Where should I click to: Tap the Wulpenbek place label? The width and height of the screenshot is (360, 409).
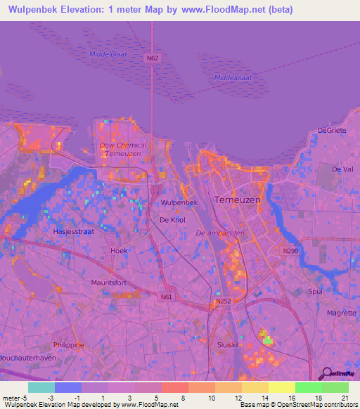click(179, 202)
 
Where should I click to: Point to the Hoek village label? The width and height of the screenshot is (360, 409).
click(118, 250)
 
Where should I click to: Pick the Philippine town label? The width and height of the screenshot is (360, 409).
click(68, 345)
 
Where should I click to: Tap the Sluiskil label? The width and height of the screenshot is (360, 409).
click(229, 346)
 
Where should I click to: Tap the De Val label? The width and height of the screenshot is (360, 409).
click(342, 169)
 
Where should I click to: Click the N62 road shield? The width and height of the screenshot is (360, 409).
click(152, 58)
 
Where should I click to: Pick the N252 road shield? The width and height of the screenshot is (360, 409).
click(223, 301)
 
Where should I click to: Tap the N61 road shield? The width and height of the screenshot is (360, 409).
click(166, 297)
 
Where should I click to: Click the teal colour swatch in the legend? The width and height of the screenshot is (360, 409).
click(41, 387)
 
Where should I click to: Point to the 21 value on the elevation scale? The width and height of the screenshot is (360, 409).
click(344, 398)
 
